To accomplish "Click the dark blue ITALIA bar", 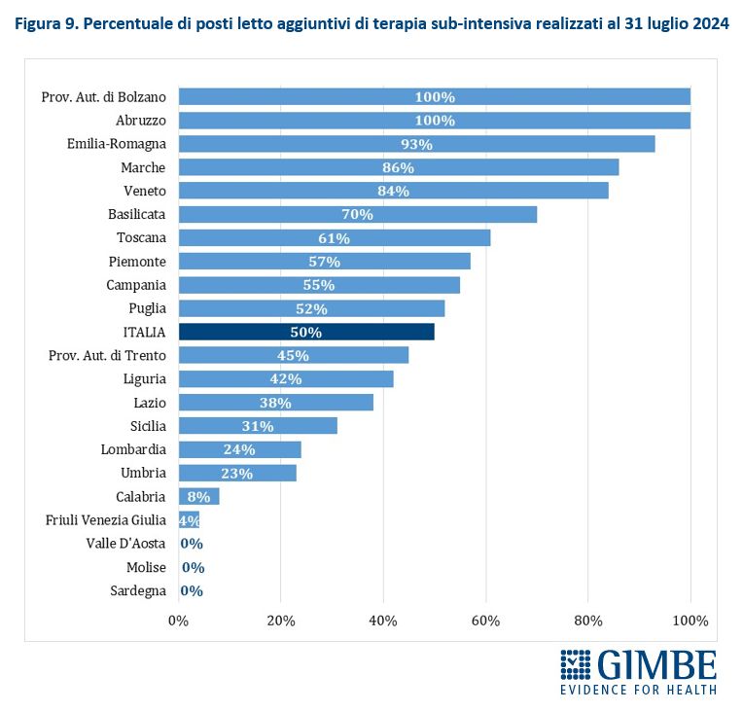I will pos(306,332).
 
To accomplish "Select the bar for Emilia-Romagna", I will pos(416,144).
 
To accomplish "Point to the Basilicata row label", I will pos(137,214).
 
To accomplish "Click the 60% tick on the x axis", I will pos(485,621).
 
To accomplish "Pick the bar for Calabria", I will pos(198,497).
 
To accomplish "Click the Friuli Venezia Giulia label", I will pos(106,520).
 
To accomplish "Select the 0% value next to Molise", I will pos(193,567).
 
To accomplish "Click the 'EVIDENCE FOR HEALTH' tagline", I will pos(638,690).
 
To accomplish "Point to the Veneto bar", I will pos(393,191).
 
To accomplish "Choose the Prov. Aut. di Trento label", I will pos(107,355).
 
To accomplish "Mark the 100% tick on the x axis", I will pos(690,621).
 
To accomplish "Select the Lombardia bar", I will pos(239,449).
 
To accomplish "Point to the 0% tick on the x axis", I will pos(179,621).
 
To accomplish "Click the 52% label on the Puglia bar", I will pos(312,308).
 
